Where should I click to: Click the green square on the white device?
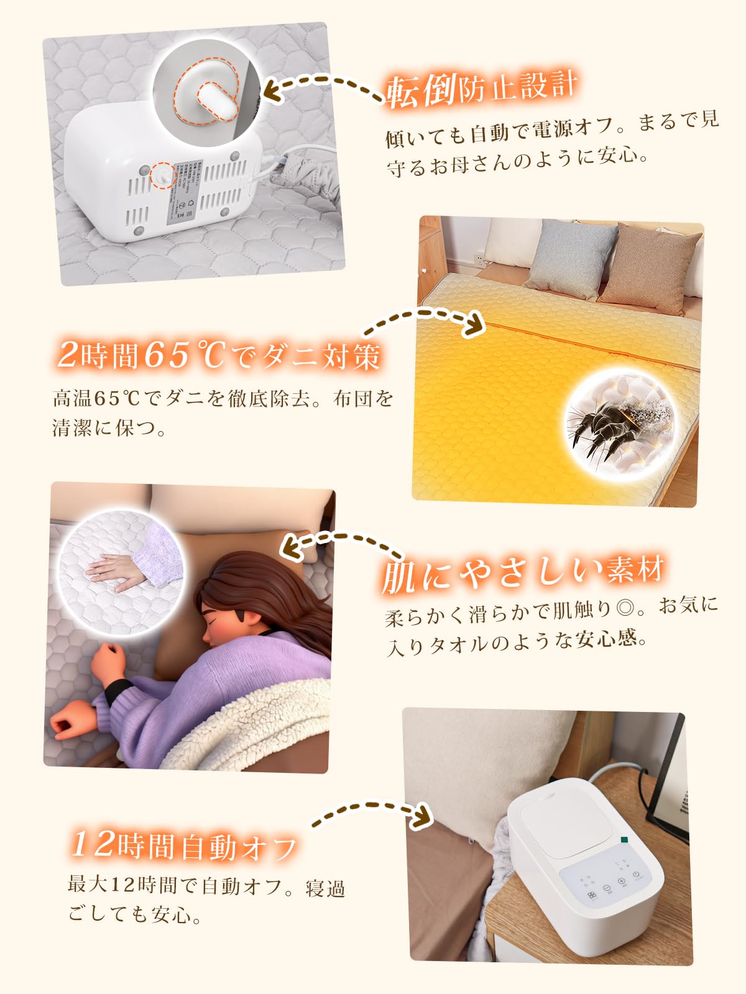coord(624,841)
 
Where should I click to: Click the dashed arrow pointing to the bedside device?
coord(373,811)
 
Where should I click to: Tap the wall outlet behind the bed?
coord(479,256)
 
